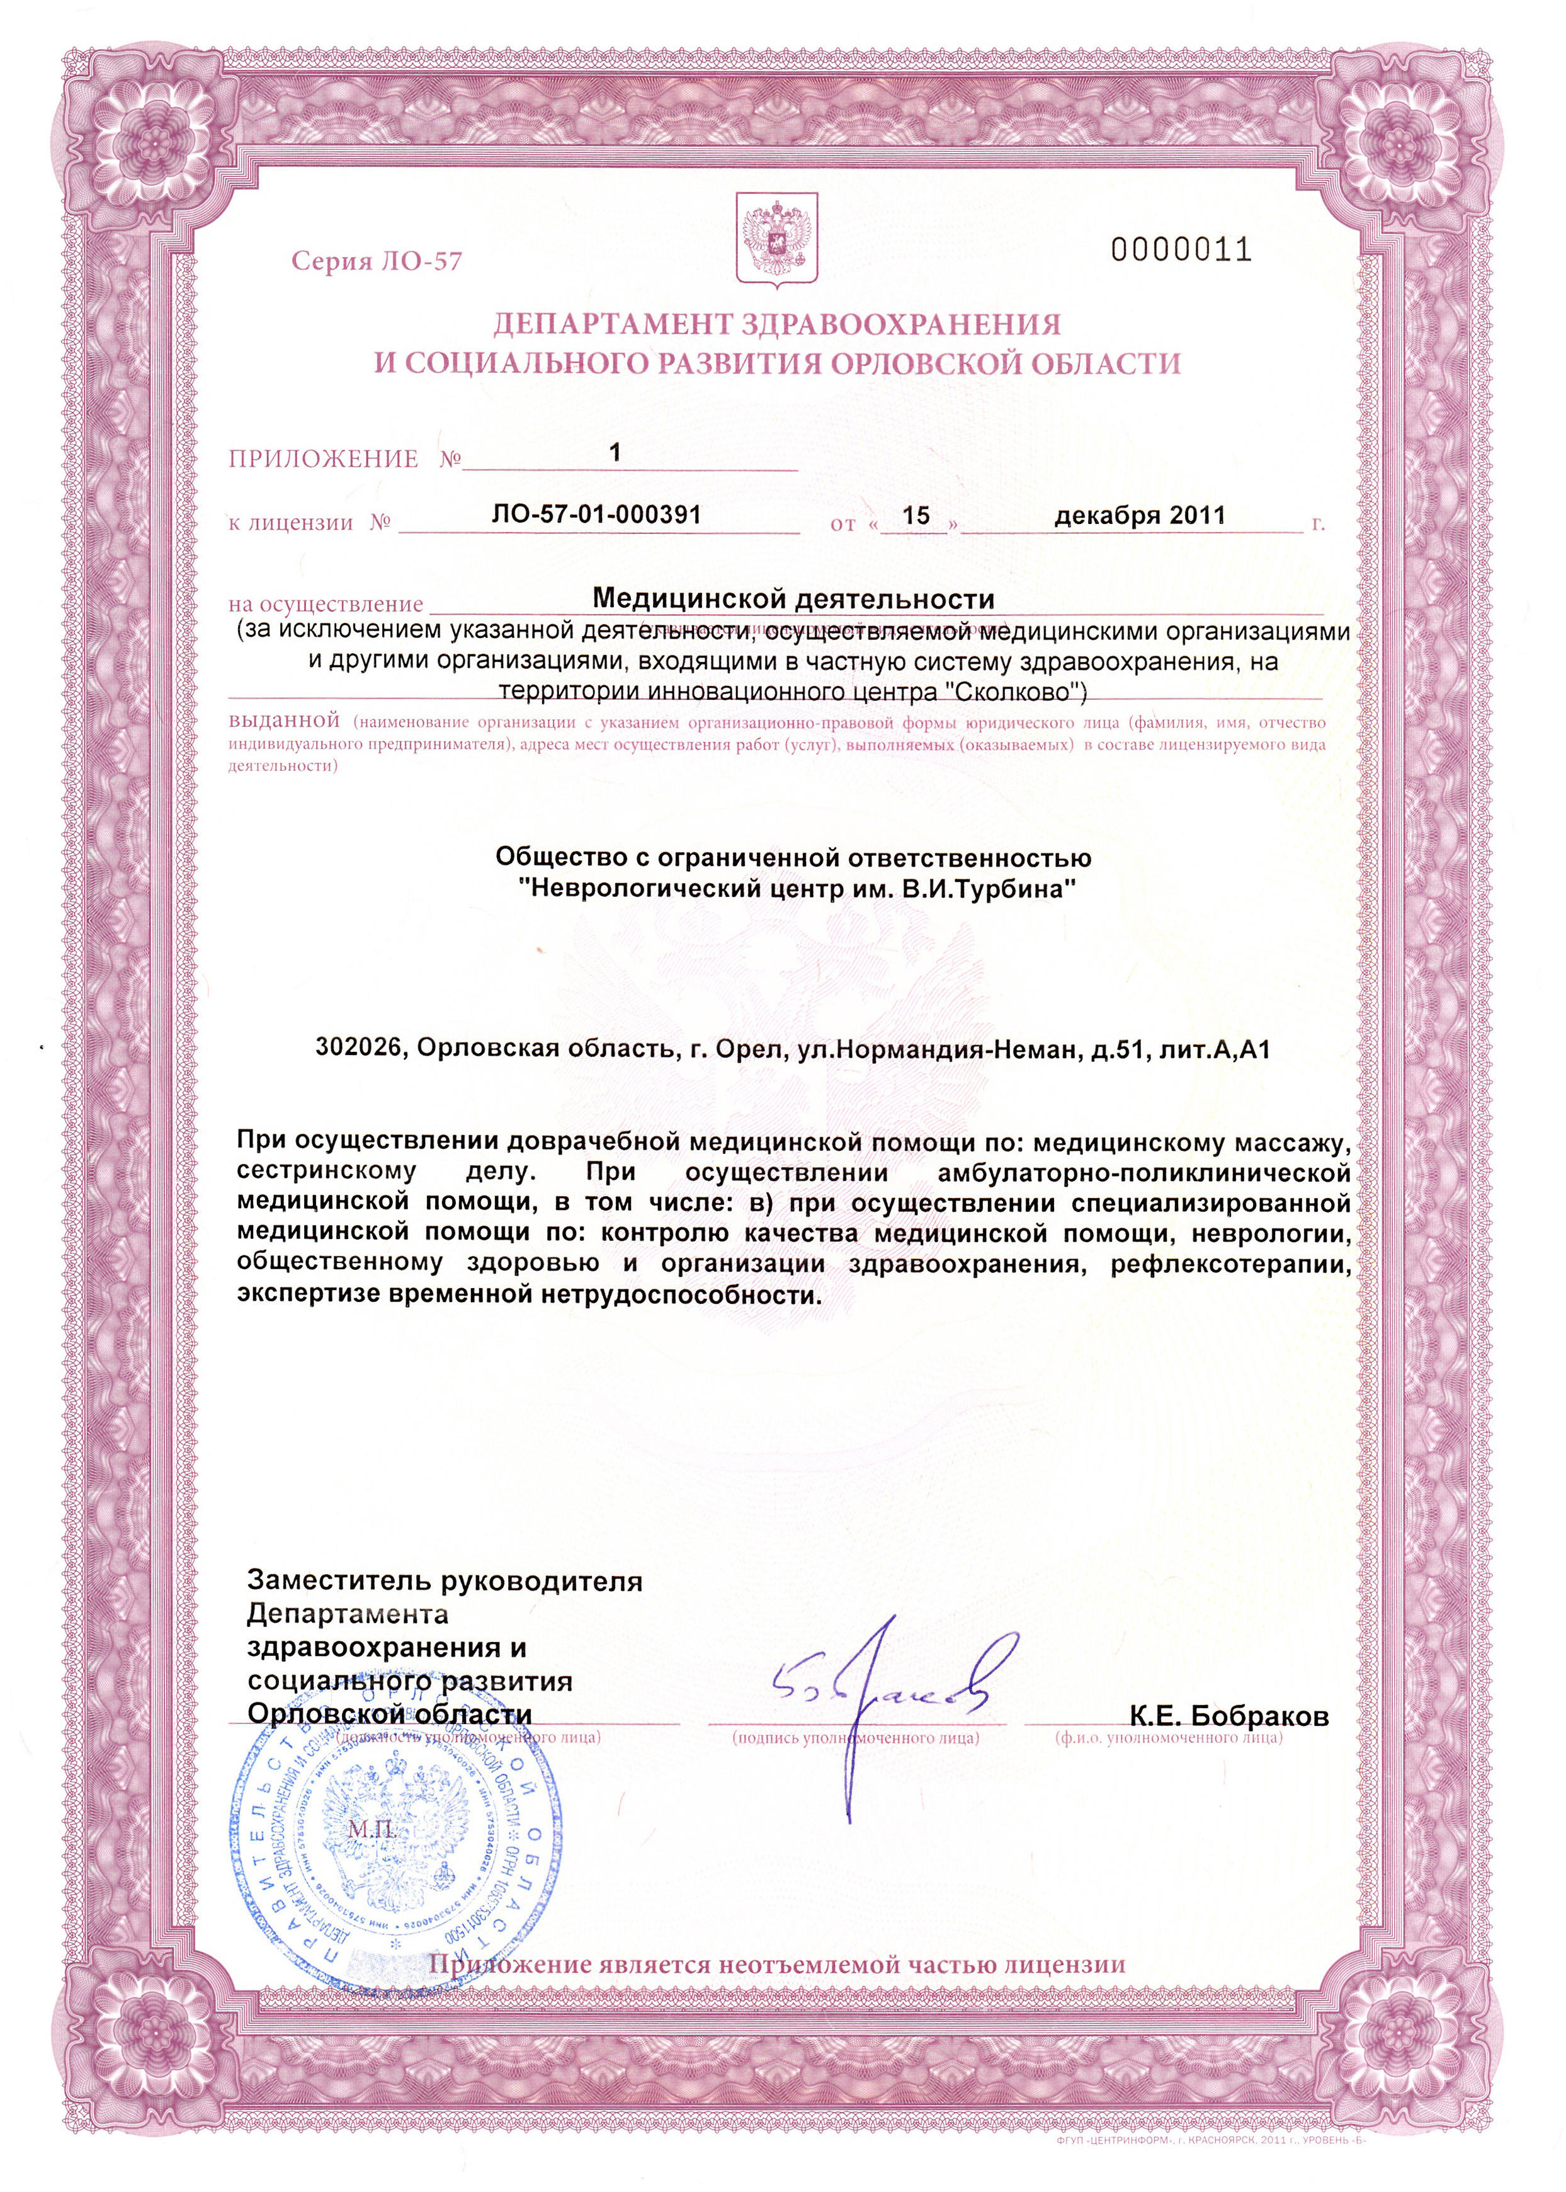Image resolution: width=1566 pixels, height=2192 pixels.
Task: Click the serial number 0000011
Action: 1180,251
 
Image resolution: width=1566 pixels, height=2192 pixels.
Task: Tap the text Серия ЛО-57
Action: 377,261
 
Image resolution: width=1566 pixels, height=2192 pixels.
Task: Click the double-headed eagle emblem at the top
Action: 776,239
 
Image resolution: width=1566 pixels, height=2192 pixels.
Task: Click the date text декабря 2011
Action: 1139,515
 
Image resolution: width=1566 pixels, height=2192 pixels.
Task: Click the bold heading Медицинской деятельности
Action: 793,599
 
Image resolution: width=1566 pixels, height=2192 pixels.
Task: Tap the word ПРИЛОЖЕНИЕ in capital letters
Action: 323,459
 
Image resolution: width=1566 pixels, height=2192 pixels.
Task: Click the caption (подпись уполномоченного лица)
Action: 855,1738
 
